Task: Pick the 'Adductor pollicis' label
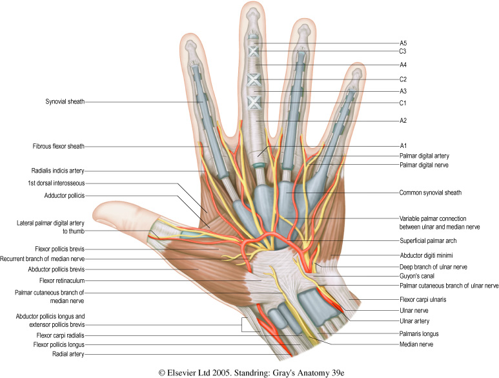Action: [65, 195]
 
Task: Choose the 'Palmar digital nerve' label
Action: [424, 166]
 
